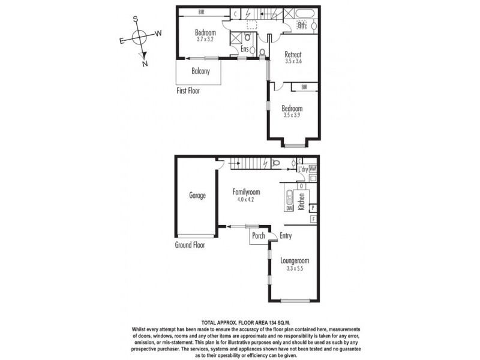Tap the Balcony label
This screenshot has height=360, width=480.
[x=200, y=71]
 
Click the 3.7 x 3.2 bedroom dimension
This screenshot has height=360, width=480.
[x=206, y=40]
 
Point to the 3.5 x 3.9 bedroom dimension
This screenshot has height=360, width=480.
[x=293, y=116]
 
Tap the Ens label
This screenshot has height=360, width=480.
[x=245, y=49]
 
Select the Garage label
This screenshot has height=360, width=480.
[x=197, y=196]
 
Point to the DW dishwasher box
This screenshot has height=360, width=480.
[x=289, y=208]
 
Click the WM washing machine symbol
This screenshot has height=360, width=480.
[x=313, y=169]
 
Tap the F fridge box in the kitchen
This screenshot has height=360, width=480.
[x=313, y=220]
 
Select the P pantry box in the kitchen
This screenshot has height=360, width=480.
[x=313, y=208]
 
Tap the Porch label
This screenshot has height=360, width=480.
[x=259, y=236]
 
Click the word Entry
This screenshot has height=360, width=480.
[x=286, y=236]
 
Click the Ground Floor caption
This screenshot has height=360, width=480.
[x=191, y=245]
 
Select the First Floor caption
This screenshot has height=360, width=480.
[x=188, y=91]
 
